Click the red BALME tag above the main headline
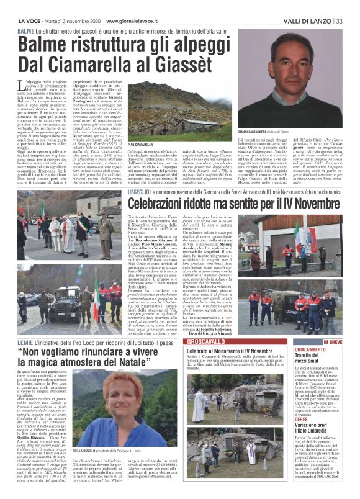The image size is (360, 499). (x=26, y=30)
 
